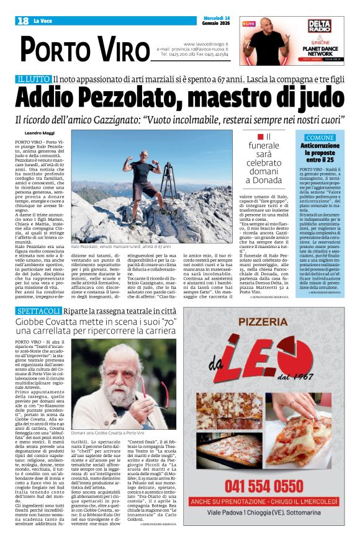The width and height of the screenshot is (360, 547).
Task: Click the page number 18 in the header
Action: (23, 21)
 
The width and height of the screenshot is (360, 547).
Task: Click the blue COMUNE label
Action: (320, 137)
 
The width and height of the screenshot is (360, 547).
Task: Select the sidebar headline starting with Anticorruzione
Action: (320, 153)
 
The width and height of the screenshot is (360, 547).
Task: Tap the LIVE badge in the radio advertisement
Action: (250, 24)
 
